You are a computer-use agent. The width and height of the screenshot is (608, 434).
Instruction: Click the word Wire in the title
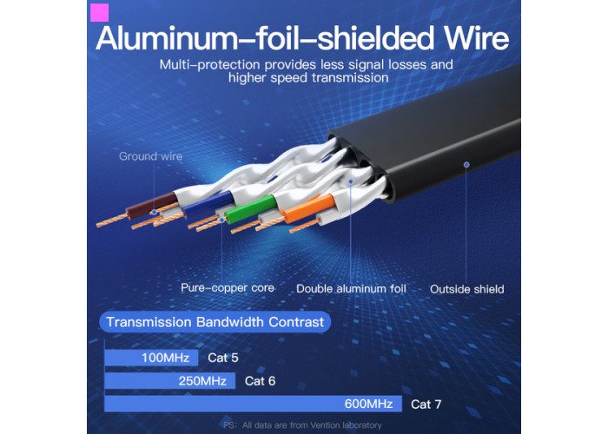pos(476,39)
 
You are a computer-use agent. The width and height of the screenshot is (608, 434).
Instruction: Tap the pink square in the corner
pos(99,12)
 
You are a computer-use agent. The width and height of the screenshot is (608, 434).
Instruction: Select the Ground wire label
pos(150,156)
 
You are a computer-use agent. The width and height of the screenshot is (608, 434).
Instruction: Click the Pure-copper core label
pos(228,287)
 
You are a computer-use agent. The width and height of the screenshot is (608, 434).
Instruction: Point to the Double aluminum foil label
pos(351,289)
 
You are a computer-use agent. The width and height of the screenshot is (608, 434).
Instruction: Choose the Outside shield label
pos(467,289)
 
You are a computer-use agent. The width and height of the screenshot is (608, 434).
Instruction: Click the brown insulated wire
pos(151,206)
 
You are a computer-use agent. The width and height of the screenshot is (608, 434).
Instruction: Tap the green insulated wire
pos(250,209)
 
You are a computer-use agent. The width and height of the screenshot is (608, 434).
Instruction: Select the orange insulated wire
pos(309,208)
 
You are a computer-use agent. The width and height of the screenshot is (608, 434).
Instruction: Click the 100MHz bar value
pos(165,358)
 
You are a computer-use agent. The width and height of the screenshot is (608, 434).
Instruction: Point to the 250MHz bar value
pos(202,381)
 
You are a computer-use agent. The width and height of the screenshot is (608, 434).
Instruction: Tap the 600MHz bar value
pos(368,404)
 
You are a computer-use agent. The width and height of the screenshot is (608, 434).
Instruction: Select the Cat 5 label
pos(223,358)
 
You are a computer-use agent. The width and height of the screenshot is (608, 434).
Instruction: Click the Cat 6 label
pos(260,381)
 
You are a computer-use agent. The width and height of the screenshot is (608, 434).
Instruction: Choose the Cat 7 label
pos(426,404)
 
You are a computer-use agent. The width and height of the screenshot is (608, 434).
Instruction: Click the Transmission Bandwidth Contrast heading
pos(215,322)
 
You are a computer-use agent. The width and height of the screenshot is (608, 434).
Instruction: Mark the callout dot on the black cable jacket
pos(466,165)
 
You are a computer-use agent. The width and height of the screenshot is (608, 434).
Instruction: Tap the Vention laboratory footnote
pos(302,425)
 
